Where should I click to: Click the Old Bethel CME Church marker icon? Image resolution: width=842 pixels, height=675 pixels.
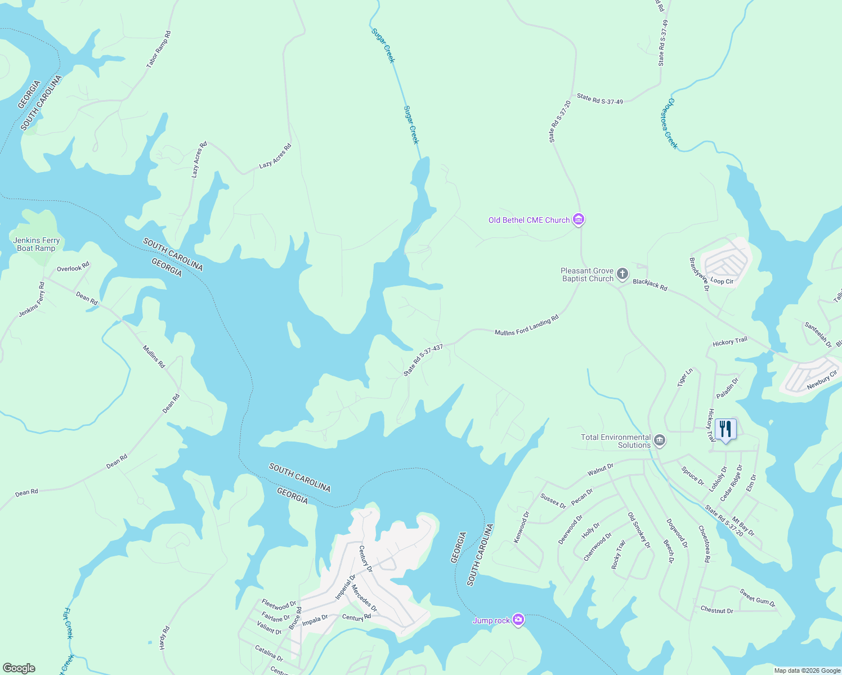point(578,219)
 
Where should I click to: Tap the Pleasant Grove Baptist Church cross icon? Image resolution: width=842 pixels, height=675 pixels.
point(622,274)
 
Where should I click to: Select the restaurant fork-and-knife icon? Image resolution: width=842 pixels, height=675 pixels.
point(725,429)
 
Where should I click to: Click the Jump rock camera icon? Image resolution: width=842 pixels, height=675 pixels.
point(518,620)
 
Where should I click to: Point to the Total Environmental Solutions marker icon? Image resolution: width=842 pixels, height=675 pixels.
point(660,440)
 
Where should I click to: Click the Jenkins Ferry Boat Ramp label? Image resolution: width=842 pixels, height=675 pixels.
point(37,244)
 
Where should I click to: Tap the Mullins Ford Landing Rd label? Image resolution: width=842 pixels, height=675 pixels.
point(526,326)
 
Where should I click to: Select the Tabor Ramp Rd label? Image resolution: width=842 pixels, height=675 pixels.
point(158,50)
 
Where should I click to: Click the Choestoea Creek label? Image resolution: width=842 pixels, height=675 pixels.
point(669,124)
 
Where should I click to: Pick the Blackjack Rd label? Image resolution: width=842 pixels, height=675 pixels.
point(650,285)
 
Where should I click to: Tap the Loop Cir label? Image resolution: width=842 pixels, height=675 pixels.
point(722,281)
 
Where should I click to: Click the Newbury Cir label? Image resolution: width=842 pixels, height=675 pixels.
point(822,380)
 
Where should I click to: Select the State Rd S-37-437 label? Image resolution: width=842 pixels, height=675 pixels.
point(423,361)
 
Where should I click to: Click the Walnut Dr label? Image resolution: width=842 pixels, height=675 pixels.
point(600,469)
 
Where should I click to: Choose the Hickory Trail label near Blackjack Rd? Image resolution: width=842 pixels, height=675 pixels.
point(730,341)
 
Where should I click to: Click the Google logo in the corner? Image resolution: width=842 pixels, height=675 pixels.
point(19,668)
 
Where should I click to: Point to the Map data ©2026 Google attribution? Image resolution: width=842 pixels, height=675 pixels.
point(807,670)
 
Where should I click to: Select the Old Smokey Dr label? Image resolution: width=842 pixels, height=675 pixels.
point(639,530)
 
